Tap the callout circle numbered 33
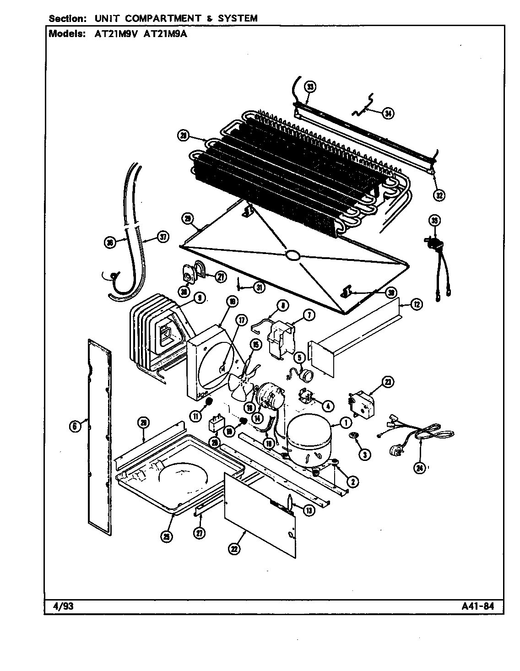(x=310, y=87)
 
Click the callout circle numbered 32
(x=439, y=195)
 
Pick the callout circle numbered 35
(x=434, y=221)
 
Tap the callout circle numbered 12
(x=416, y=304)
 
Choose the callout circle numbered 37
(x=163, y=237)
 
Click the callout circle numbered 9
(x=198, y=298)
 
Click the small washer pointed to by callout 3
(x=353, y=434)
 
